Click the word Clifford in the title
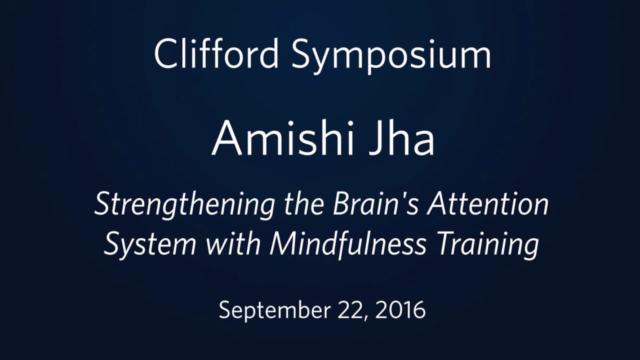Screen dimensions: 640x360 click(216, 54)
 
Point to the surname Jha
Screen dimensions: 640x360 click(402, 139)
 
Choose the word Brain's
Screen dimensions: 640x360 click(376, 203)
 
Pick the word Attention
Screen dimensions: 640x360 click(488, 203)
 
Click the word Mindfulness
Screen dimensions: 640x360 click(348, 244)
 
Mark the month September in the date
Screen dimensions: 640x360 click(275, 310)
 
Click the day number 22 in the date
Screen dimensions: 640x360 click(350, 310)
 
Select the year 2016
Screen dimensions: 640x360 click(401, 310)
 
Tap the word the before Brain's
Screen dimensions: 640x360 click(304, 203)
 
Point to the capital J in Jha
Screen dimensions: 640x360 click(377, 139)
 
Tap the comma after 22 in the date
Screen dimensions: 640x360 click(365, 318)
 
